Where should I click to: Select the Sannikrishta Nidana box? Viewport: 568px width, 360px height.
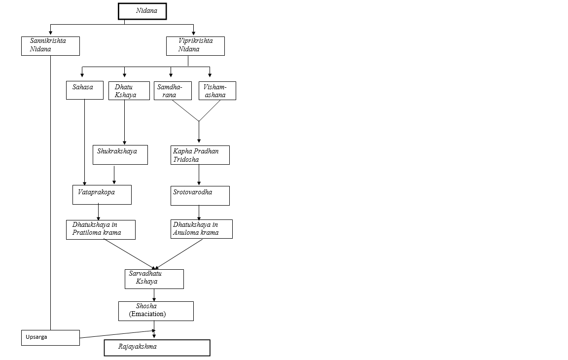tap(50, 46)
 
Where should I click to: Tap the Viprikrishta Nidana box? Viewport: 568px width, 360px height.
tap(195, 46)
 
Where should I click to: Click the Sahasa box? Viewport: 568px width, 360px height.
tap(85, 90)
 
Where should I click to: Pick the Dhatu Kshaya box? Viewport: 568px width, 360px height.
tap(129, 91)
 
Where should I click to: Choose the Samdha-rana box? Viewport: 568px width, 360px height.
tap(173, 91)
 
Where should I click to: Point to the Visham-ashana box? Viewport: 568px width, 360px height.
tap(217, 91)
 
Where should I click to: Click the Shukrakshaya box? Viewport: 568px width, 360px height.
tap(120, 155)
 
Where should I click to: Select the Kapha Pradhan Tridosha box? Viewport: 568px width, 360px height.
tap(200, 155)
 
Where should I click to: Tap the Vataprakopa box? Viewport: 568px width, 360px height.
tap(102, 195)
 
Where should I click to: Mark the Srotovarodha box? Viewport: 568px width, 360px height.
tap(200, 195)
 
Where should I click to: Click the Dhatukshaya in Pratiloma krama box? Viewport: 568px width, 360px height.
tap(101, 229)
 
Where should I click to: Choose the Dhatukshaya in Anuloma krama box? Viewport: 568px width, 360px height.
tap(202, 229)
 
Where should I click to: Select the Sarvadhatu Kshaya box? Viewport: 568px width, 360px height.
tap(154, 279)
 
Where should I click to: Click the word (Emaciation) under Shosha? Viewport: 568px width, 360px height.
tap(148, 314)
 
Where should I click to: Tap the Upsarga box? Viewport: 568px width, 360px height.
tap(50, 337)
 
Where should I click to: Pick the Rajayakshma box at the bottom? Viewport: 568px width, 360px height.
tap(157, 347)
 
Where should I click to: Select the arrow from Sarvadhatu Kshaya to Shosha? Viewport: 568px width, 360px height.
tap(154, 295)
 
